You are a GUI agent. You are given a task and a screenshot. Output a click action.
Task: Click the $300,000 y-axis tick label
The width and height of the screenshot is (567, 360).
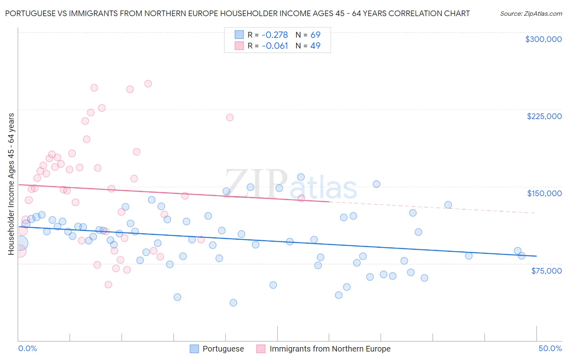[543, 39]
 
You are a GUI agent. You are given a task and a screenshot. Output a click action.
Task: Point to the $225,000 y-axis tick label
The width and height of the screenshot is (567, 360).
[544, 116]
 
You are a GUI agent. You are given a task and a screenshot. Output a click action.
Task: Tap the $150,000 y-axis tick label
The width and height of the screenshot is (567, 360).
[544, 193]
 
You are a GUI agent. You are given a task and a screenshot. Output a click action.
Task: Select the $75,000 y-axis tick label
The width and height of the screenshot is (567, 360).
[546, 271]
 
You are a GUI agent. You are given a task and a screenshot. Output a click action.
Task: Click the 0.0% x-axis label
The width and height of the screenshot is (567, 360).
[27, 349]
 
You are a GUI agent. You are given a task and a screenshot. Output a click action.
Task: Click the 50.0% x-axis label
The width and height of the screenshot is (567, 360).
[550, 349]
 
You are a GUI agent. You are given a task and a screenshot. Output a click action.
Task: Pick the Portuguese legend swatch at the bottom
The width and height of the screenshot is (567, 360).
[194, 349]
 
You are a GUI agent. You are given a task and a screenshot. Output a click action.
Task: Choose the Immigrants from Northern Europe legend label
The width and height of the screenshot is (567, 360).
[330, 349]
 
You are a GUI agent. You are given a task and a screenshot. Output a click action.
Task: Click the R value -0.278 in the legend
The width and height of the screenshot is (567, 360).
[275, 35]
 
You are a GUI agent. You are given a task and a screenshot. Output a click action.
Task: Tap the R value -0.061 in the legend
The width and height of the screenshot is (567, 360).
[275, 46]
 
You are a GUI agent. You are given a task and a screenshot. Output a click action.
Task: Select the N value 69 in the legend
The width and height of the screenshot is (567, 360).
[315, 35]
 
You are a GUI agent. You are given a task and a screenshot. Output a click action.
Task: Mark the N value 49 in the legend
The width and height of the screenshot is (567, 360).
[315, 46]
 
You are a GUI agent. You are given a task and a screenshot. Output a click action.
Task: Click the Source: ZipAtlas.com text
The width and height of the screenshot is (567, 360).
[531, 13]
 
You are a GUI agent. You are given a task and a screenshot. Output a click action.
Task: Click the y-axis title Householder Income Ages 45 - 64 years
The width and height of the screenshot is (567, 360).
[11, 184]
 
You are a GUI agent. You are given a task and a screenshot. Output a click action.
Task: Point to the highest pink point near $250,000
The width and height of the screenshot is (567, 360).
[148, 84]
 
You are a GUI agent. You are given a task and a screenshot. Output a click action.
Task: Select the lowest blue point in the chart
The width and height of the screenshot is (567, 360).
[233, 303]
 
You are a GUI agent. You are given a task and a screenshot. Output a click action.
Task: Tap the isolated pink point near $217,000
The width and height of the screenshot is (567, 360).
[230, 117]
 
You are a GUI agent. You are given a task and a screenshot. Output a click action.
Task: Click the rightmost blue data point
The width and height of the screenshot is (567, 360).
[521, 256]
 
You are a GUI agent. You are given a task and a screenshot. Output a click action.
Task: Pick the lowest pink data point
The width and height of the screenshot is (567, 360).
[108, 285]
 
